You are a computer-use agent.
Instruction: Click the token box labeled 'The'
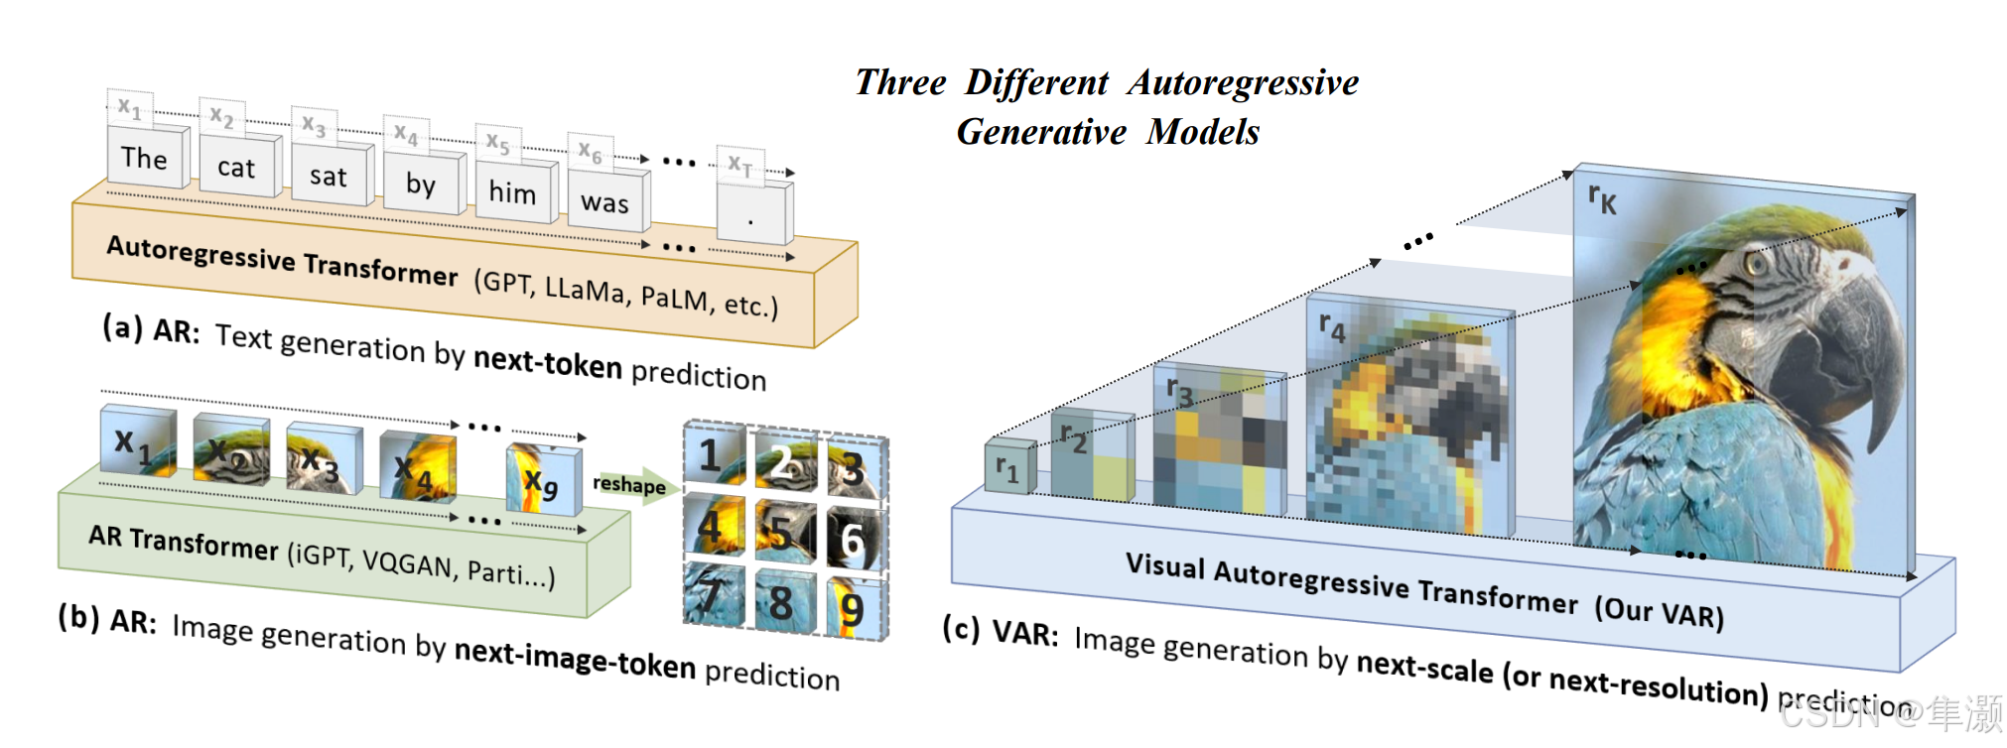click(145, 158)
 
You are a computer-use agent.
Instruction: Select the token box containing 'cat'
click(236, 168)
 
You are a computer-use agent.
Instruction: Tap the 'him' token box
click(512, 192)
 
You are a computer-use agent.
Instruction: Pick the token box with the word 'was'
click(604, 202)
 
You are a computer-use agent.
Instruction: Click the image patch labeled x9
click(541, 481)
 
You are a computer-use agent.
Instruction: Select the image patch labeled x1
click(137, 442)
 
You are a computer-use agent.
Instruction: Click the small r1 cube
click(1008, 468)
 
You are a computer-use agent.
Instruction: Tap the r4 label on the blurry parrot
click(1332, 326)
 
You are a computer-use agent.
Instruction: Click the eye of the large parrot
click(1757, 263)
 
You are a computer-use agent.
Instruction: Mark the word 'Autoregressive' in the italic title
click(1243, 82)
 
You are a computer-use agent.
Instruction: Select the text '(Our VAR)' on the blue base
click(1659, 611)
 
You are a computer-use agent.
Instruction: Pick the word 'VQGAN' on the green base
click(407, 562)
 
